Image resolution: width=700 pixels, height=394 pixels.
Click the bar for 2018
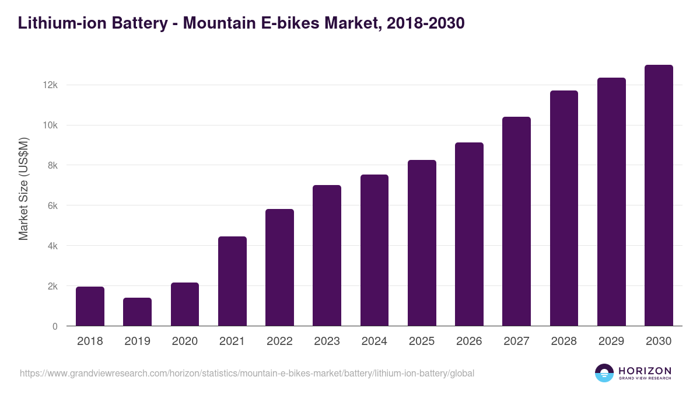point(90,306)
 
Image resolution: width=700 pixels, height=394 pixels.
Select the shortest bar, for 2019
point(137,312)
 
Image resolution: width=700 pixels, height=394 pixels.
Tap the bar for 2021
point(232,281)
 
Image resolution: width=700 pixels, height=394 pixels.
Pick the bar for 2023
point(327,256)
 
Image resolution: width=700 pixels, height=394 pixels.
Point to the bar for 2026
point(469,234)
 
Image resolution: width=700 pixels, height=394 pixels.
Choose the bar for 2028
point(563,208)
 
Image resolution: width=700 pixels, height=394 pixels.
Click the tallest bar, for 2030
point(659,196)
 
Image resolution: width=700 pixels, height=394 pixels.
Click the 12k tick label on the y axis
point(50,85)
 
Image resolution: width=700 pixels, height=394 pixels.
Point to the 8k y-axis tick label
point(52,166)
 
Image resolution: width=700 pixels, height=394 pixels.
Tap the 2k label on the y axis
point(52,287)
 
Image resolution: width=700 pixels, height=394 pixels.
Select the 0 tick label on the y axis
point(55,327)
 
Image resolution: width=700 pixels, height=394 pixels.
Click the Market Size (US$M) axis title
point(23,189)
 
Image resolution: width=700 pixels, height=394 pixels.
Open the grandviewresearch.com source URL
point(247,373)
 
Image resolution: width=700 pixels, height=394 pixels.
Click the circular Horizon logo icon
point(604,373)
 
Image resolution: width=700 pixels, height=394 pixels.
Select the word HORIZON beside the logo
point(645,370)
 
